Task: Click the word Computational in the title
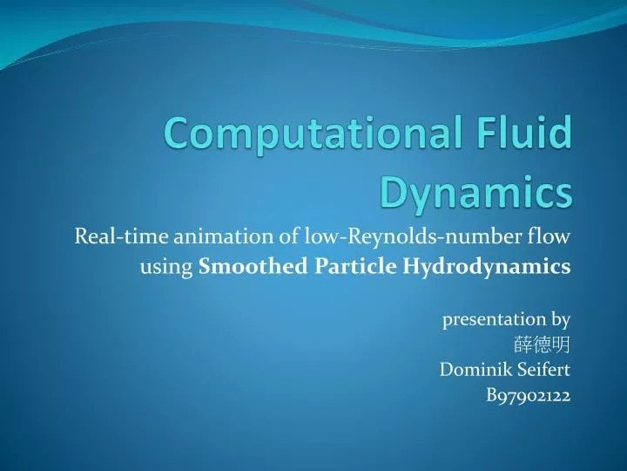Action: coord(318,136)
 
